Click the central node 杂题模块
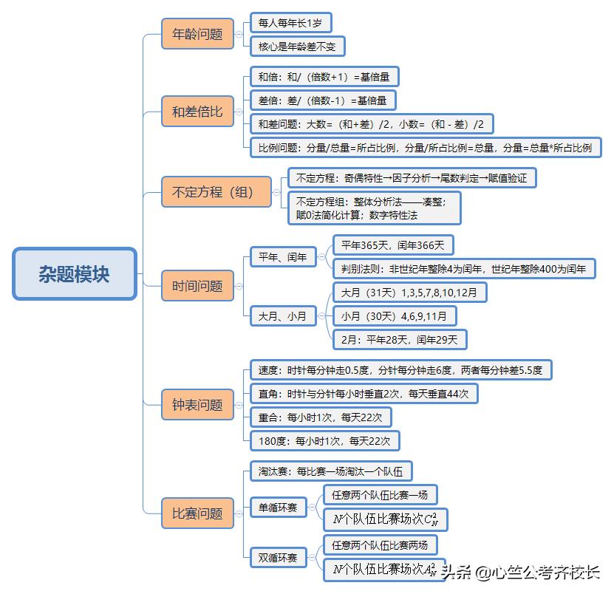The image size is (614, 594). coord(75,273)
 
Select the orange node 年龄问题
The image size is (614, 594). coord(197,34)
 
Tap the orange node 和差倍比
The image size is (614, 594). coord(197,112)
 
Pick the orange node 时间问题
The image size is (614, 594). coord(197,285)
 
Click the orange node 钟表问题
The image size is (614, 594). coord(197,404)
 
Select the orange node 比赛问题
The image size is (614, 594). coord(197,513)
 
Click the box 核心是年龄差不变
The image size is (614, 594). coord(297,47)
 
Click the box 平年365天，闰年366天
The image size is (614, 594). coord(393,245)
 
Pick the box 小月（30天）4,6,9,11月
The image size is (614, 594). coord(394,316)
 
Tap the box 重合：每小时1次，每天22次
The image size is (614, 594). coord(320,417)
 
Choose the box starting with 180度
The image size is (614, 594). coord(324,441)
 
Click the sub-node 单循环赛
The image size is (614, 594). coord(278,507)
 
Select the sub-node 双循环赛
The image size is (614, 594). coord(278,558)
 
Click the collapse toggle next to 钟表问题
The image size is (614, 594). coord(239,405)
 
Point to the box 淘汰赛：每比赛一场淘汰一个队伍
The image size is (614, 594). coord(330,471)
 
